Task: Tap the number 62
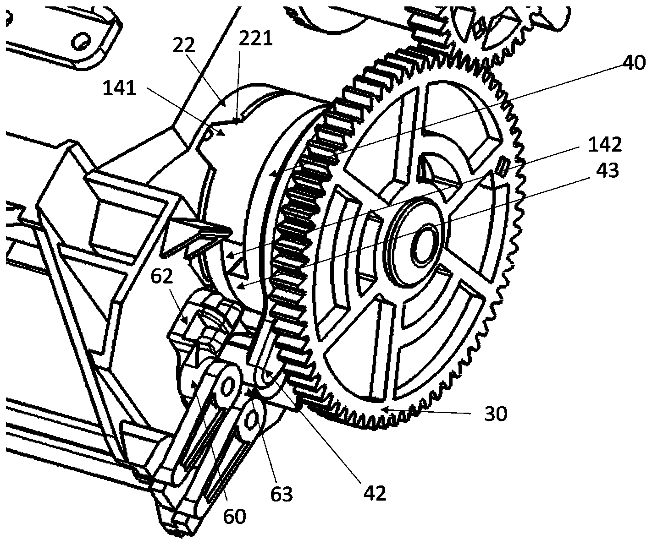[163, 277]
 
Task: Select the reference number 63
[281, 494]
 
